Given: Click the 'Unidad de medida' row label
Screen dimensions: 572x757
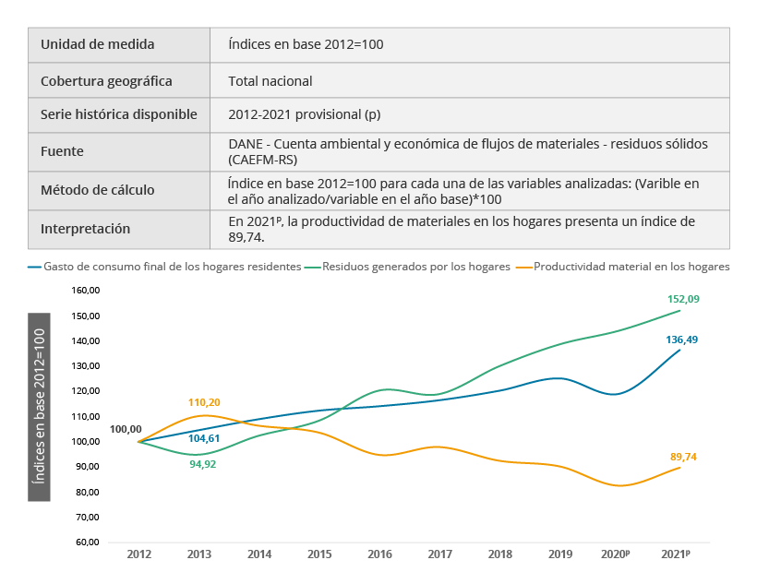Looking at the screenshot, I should point(98,44).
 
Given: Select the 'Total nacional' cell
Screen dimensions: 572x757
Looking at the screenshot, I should point(270,80).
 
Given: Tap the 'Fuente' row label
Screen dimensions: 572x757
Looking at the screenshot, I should point(62,151).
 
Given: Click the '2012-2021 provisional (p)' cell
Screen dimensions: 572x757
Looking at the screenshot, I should point(304,115).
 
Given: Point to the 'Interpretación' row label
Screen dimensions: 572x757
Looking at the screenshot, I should point(86,229).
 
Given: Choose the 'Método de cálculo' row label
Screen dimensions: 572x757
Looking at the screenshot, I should point(98,190).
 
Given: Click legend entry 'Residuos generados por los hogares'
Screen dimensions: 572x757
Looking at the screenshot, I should point(417,267).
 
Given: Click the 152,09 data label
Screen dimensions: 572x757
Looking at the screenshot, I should point(683,299).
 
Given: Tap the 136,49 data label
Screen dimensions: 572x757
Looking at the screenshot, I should point(681,340).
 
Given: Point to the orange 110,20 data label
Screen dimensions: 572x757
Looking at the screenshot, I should point(202,402).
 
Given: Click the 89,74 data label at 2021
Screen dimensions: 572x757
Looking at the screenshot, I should point(683,456).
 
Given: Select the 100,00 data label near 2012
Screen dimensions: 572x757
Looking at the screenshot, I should point(126,429).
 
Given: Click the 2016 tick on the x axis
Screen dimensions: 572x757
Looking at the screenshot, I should point(379,554).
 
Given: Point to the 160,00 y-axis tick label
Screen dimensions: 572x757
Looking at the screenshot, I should point(85,291).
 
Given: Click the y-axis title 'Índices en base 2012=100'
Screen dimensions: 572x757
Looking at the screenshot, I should point(39,400).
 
